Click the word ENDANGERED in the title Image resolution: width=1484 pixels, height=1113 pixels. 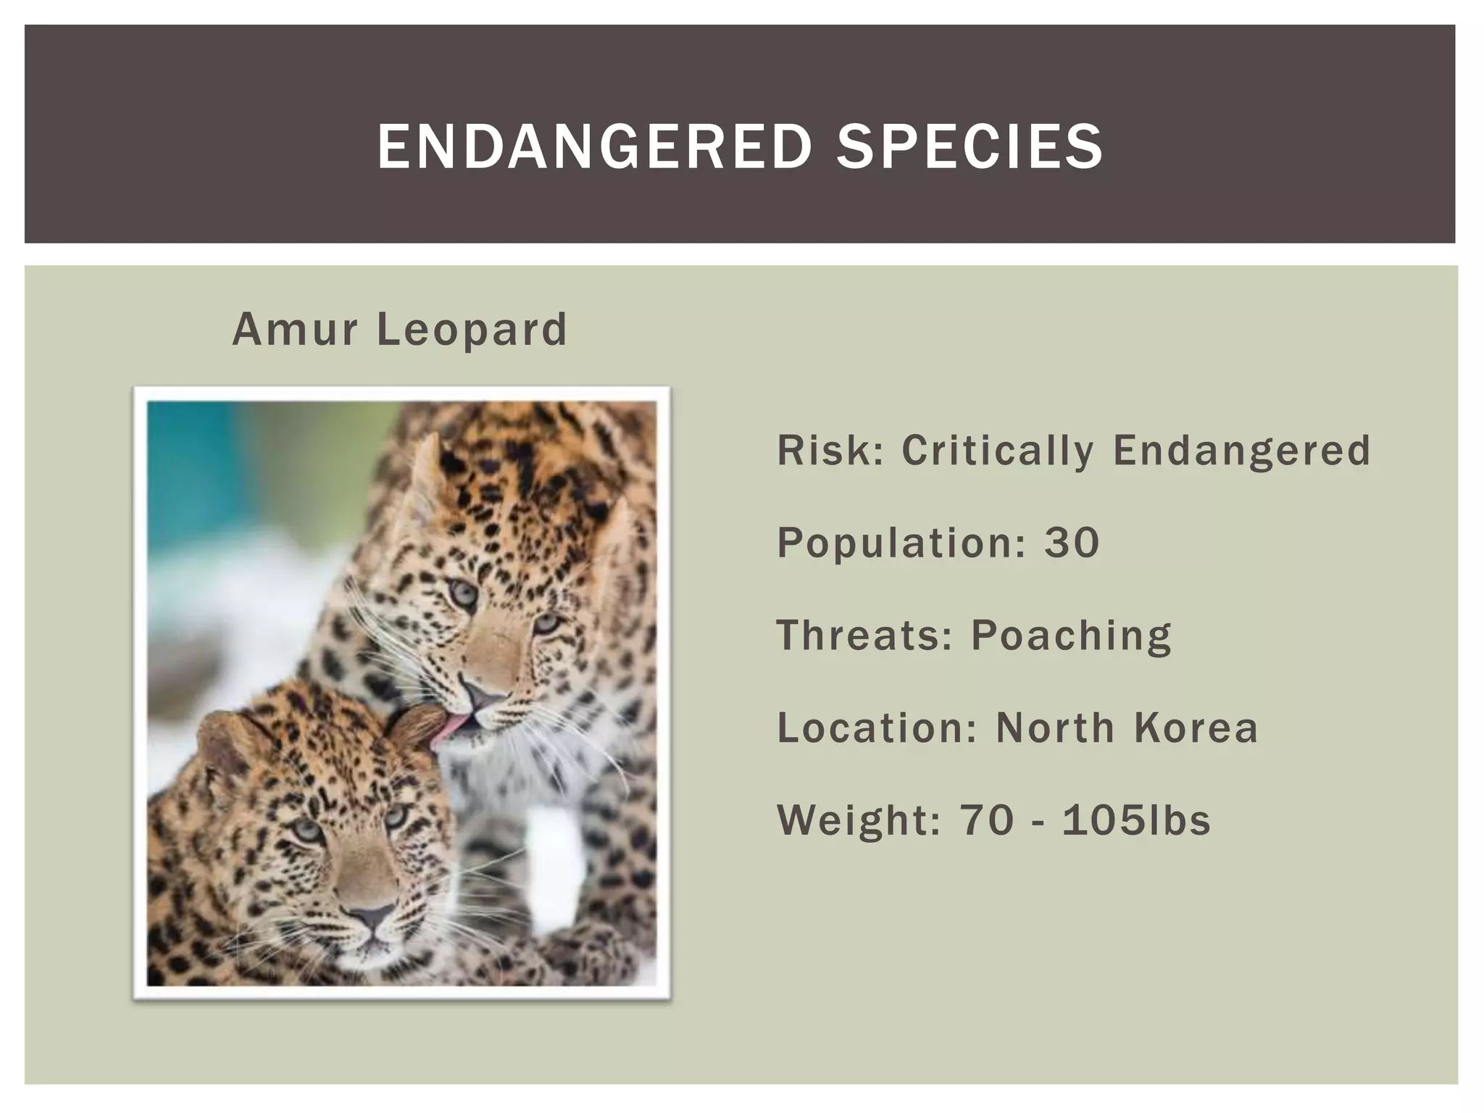click(594, 147)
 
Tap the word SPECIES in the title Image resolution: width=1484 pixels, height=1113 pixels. click(970, 147)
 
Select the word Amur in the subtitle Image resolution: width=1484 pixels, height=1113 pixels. click(295, 330)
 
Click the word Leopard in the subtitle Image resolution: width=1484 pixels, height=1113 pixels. click(472, 330)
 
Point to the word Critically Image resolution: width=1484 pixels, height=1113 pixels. click(998, 450)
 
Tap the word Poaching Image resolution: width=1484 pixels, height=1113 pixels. click(1071, 635)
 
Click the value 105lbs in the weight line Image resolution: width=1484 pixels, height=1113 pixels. click(1136, 820)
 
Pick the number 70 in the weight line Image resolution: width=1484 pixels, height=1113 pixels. click(987, 820)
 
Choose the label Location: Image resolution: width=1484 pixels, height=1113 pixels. click(878, 728)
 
